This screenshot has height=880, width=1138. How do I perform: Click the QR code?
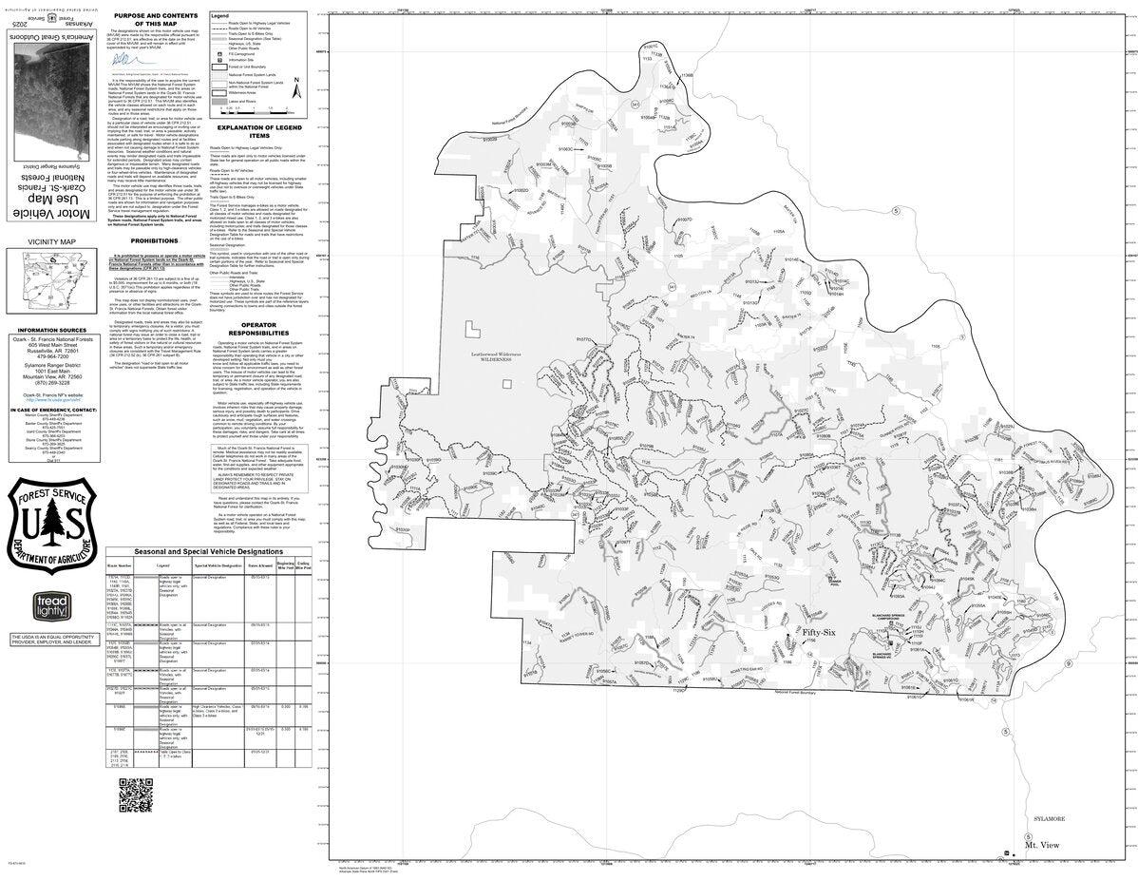pyautogui.click(x=135, y=794)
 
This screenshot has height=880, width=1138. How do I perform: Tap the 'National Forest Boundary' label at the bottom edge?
pyautogui.click(x=794, y=693)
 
